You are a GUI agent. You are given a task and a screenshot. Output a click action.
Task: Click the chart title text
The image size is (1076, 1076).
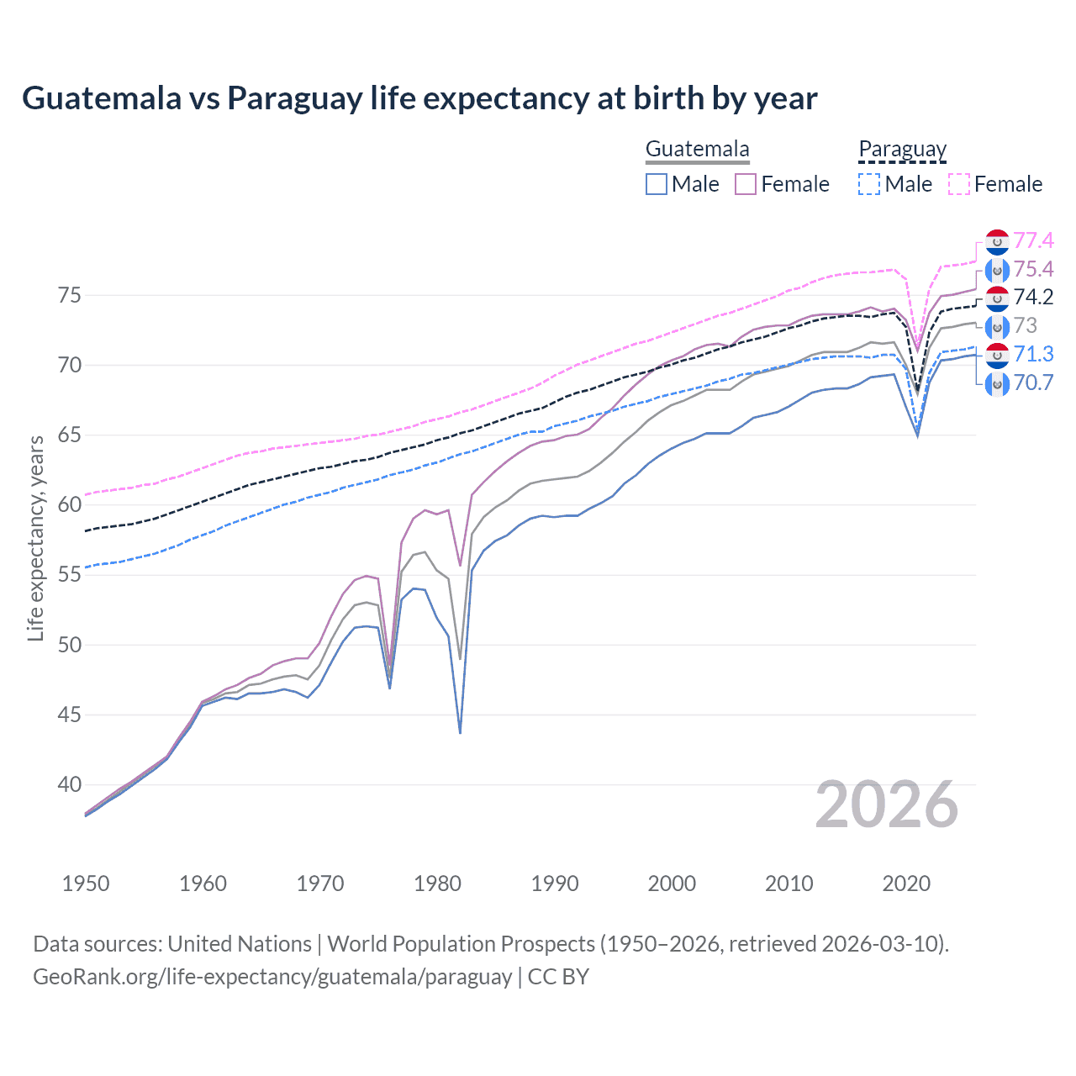[419, 98]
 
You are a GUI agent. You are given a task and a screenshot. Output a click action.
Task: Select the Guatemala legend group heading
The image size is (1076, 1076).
[697, 150]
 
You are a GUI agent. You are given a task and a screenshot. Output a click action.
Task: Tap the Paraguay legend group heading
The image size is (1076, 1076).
[902, 150]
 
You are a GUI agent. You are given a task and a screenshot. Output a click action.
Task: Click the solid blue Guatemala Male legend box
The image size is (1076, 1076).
[657, 184]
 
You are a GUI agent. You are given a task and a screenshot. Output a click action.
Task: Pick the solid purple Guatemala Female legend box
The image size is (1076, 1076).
[746, 184]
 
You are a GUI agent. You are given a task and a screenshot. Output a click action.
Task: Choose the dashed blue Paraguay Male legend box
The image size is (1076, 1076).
[869, 184]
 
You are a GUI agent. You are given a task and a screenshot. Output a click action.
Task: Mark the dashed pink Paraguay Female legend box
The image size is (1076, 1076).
[959, 184]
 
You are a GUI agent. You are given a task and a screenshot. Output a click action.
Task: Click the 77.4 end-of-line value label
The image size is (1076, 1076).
[1033, 241]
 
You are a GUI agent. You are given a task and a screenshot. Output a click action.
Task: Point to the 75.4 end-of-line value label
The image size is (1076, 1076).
[1033, 270]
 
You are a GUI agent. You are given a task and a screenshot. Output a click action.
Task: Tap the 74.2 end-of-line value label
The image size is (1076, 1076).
[1033, 298]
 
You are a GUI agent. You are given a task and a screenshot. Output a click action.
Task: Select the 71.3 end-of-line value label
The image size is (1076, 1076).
[1033, 355]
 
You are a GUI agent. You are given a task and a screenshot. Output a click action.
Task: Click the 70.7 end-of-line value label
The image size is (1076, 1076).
[1033, 383]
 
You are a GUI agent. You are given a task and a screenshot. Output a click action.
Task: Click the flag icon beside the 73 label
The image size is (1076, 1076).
[997, 326]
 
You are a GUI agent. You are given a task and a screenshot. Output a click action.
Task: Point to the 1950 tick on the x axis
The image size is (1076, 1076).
[86, 883]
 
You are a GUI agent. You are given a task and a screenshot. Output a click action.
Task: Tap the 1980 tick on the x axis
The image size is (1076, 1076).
[437, 883]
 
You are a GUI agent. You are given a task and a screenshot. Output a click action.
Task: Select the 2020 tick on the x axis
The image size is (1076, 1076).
[906, 883]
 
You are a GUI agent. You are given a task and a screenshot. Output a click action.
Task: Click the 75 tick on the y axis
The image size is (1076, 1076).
[69, 296]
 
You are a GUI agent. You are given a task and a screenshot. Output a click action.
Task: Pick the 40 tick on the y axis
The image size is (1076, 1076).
[69, 785]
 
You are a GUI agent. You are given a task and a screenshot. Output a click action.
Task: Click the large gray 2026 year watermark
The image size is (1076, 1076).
[886, 805]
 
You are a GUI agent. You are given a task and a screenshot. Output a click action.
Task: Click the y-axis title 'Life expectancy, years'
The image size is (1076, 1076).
[36, 538]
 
